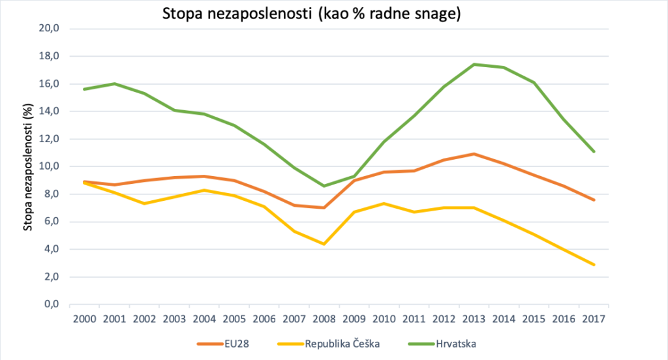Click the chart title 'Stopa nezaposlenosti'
(312, 14)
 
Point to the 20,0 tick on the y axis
(50, 29)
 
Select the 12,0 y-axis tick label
(50, 139)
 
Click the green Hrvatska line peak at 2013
(474, 64)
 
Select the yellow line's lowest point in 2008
(324, 244)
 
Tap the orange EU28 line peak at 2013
(474, 154)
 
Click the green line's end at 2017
(594, 152)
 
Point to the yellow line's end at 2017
(594, 265)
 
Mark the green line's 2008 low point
(324, 186)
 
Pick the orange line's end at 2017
(594, 200)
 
